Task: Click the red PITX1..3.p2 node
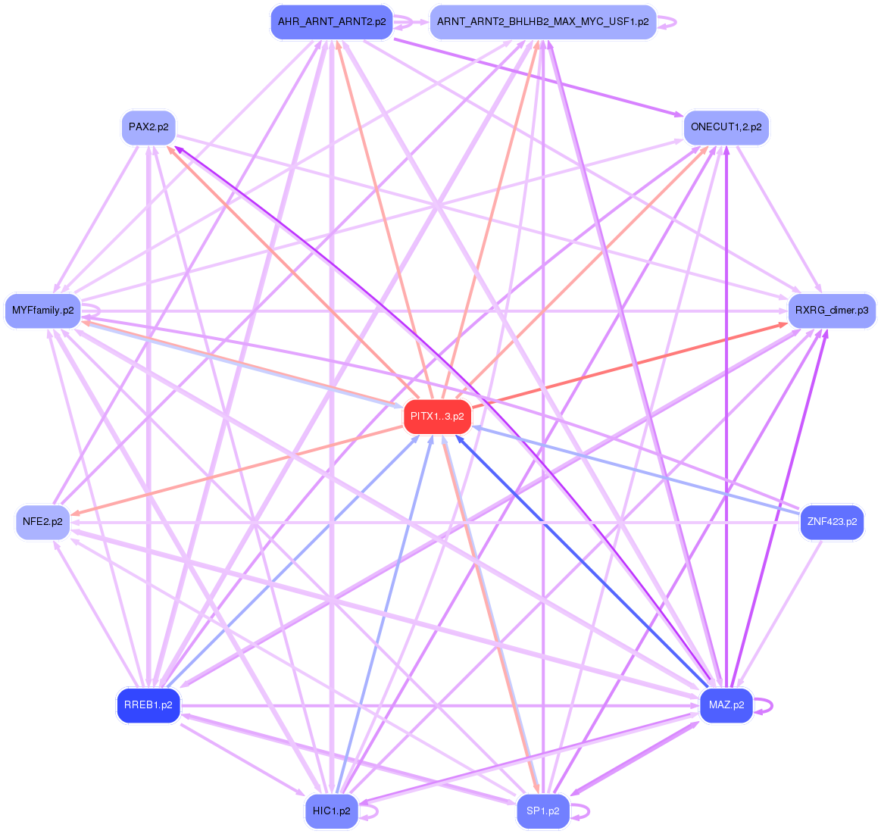click(437, 417)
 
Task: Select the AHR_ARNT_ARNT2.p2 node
click(332, 22)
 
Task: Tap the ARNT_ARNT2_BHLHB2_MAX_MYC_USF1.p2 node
click(542, 22)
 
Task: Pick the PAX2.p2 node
click(148, 127)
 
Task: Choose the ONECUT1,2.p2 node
click(726, 127)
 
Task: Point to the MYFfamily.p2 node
click(43, 311)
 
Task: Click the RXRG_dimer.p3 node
click(832, 311)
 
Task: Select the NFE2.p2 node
click(42, 522)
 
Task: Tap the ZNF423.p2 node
click(832, 522)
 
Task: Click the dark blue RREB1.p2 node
click(148, 705)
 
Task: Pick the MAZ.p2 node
click(726, 705)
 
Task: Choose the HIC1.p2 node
click(331, 811)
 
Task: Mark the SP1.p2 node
click(542, 811)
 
